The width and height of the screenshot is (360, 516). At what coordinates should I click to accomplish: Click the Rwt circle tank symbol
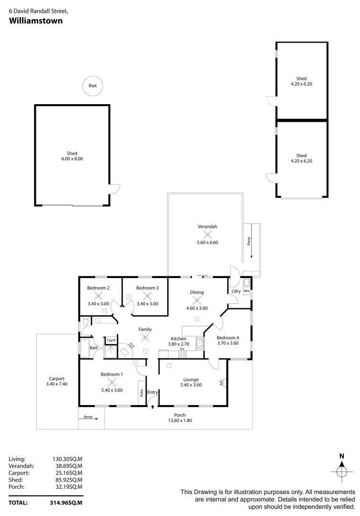pos(93,86)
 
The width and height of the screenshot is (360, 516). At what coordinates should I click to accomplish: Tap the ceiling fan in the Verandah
pos(208,234)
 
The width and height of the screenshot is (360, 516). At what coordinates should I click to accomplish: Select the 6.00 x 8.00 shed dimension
pos(72,159)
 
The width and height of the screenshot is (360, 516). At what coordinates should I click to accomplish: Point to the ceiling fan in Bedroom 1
pos(112,382)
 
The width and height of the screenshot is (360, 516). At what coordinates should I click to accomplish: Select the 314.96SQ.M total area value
pos(67,503)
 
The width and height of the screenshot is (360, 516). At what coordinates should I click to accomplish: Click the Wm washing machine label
pos(247,290)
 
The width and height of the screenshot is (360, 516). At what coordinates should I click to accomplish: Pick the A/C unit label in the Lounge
pos(222,383)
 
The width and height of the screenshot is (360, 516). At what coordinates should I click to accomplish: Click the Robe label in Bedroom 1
pos(142,393)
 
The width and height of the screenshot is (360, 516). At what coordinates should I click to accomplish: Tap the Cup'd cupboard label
pos(111,340)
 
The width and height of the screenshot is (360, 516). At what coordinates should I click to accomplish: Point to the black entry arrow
pos(153,407)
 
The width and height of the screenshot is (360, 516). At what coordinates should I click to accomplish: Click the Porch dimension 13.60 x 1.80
pos(180,421)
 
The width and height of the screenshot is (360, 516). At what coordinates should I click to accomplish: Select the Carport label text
pos(57,378)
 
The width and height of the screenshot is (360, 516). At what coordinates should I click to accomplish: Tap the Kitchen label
pos(179,339)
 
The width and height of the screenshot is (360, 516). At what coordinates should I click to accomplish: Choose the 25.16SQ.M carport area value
pos(67,473)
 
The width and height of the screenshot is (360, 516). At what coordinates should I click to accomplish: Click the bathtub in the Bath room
pos(85,349)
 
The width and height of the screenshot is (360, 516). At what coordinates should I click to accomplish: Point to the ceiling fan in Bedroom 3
pos(147,296)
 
